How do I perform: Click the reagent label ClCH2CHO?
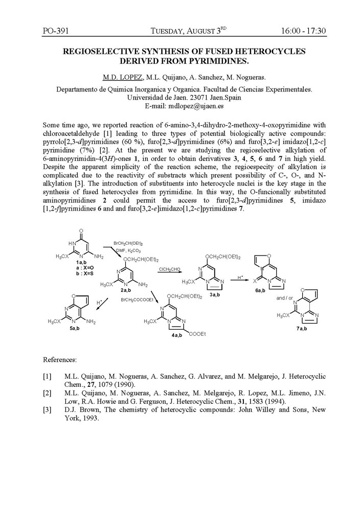pos(169,269)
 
